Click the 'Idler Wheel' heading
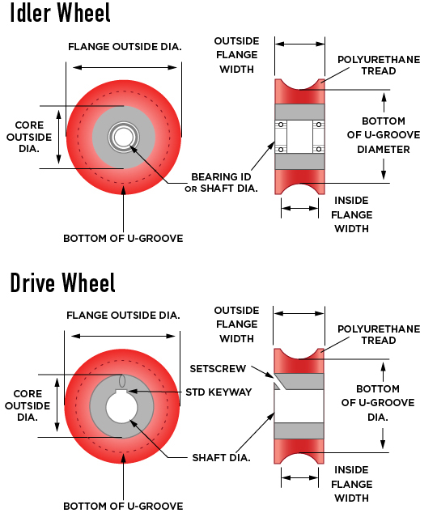(60, 12)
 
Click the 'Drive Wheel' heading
(62, 282)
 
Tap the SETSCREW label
(218, 369)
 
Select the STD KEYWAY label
(218, 392)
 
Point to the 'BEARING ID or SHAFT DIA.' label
(221, 183)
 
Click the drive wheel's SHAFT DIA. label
(221, 458)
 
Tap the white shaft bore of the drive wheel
(121, 407)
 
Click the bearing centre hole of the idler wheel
(123, 138)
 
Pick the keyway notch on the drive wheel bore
(121, 392)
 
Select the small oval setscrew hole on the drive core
(122, 381)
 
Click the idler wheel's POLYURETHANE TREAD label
(379, 65)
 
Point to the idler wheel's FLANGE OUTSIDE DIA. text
(125, 47)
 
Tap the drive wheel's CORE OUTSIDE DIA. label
(28, 405)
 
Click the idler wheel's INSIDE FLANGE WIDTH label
(352, 214)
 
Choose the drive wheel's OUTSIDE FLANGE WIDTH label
(236, 324)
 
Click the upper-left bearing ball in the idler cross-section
(281, 125)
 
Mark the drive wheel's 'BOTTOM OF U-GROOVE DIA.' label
(378, 403)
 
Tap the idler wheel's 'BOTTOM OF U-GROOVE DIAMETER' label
(384, 135)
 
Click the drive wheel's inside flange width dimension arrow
(299, 477)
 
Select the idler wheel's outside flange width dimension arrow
(299, 44)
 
